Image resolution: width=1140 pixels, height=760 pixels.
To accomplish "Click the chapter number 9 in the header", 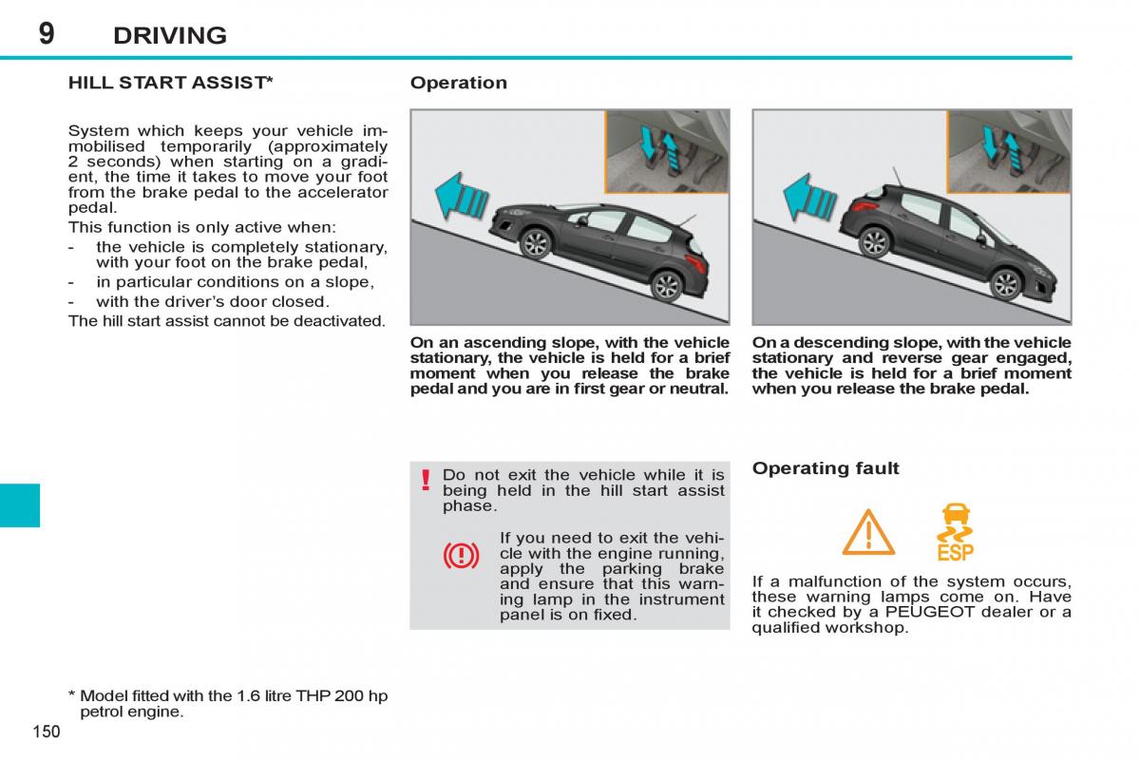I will coord(47,33).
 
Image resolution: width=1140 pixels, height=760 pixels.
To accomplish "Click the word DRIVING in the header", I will coord(170,36).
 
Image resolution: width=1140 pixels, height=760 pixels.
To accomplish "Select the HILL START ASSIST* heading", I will coord(171,83).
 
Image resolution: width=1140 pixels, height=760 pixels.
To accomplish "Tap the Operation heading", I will coord(458,83).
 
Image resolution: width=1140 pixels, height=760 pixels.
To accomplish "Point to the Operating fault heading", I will coord(825,467).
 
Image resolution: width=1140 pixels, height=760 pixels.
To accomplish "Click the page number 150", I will coord(46,731).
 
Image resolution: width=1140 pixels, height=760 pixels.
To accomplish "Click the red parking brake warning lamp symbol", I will coord(461,555).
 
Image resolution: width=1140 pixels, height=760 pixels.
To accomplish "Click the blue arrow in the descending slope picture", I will coord(809,198).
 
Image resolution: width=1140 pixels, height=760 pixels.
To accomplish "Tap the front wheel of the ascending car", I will coord(536,243).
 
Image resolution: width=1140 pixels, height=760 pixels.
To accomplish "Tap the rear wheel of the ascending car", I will coord(667,284).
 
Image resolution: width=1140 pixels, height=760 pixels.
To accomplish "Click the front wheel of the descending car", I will coord(1004,283).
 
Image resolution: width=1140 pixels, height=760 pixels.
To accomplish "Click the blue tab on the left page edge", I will coord(20,504).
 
